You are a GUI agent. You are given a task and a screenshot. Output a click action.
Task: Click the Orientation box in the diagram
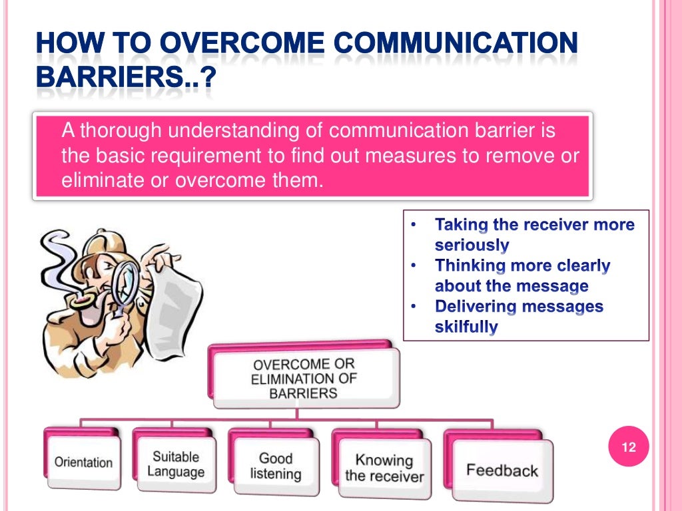83,462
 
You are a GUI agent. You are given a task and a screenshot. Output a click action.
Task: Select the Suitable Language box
176,464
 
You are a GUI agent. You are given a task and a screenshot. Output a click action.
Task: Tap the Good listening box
275,466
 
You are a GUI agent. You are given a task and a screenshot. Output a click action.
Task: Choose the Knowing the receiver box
384,468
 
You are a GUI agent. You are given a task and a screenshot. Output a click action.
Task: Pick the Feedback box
502,470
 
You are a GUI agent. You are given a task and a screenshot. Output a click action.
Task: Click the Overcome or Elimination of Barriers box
304,379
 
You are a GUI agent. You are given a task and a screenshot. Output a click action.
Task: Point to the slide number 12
629,447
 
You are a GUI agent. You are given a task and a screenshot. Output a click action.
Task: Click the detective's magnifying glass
125,280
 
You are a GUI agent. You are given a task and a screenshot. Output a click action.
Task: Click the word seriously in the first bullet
472,245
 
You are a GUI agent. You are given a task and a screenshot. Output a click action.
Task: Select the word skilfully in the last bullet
466,327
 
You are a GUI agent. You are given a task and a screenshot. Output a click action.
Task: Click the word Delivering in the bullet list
476,307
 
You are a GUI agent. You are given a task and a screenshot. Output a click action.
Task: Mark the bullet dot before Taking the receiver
413,225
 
